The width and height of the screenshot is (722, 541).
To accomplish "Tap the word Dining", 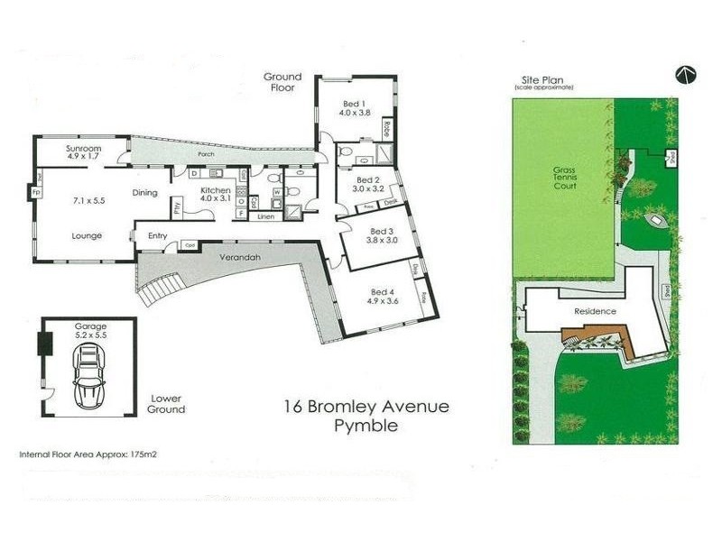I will (145, 192).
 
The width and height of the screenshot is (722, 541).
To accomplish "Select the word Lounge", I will (87, 235).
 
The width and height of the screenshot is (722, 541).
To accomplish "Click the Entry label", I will (159, 236).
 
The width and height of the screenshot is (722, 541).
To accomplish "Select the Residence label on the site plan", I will (595, 312).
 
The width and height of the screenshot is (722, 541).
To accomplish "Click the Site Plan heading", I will (544, 80).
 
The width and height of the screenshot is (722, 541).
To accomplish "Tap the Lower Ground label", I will (167, 403).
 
